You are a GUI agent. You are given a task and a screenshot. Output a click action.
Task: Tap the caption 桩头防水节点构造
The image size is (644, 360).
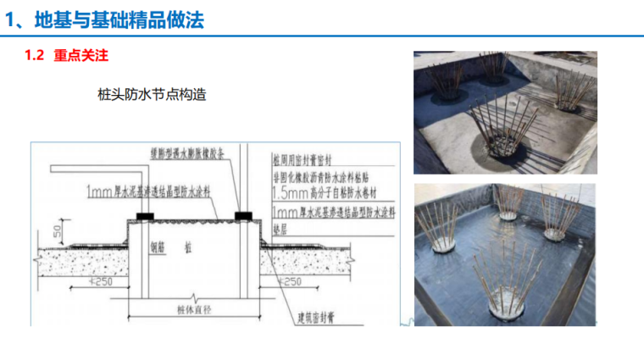point(153,95)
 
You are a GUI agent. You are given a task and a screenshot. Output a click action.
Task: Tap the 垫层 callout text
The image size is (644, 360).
point(281,228)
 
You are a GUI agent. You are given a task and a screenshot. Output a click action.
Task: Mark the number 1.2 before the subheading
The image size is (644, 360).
point(34,58)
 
